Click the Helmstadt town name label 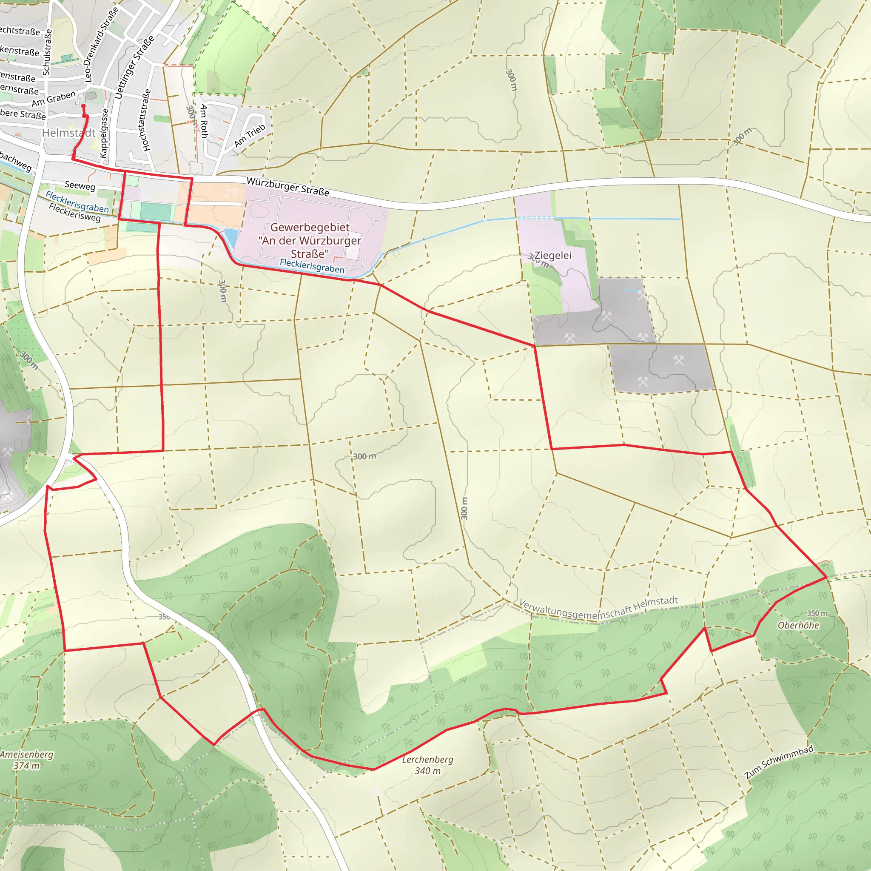68,133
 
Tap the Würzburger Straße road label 287,187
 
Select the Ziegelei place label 552,256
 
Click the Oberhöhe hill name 798,625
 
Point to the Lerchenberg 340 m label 427,765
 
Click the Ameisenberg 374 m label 27,760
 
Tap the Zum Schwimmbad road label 779,761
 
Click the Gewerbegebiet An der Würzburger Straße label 310,240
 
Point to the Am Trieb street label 250,135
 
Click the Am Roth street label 204,121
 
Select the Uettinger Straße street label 134,67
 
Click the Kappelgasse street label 104,133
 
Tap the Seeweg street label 80,185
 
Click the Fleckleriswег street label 74,212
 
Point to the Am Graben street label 53,99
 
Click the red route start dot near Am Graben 83,106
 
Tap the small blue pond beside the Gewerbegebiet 231,237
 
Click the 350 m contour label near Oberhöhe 817,613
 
